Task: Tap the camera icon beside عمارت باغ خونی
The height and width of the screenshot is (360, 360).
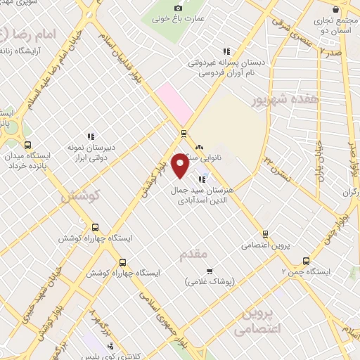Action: (x=177, y=6)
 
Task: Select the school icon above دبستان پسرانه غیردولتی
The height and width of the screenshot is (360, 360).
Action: (x=226, y=51)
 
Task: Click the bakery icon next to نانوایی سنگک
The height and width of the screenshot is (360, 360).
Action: (x=199, y=148)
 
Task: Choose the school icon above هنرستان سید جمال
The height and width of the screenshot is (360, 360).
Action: (x=202, y=179)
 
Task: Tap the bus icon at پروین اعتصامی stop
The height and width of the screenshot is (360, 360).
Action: (x=265, y=233)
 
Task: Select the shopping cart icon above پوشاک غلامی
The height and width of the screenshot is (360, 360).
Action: (x=209, y=271)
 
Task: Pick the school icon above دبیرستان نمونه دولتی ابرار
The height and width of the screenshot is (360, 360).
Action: (x=90, y=136)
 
